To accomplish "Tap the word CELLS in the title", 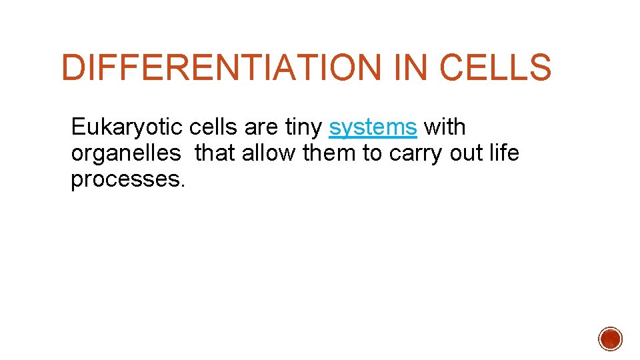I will pos(495,68).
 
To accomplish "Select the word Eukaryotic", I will pos(127,127).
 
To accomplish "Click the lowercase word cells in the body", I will pos(213,127).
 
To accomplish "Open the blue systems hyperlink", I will pos(373,127).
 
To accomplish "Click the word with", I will pos(445,127).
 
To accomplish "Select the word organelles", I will pos(125,154).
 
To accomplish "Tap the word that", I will pos(215,153).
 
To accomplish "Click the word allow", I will pos(271,153).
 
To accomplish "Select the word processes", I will pos(124,181).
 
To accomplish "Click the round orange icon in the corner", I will pos(610,339).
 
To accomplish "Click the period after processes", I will pos(181,186).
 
